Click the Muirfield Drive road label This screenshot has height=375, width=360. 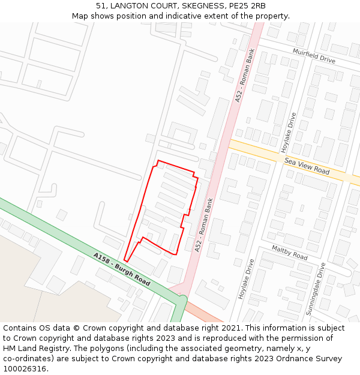click(314, 56)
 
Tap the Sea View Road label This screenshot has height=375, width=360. click(307, 166)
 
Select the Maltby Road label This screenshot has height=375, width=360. click(289, 253)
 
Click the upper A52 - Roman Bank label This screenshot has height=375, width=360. click(245, 76)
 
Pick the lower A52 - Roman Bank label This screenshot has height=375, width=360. click(203, 224)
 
